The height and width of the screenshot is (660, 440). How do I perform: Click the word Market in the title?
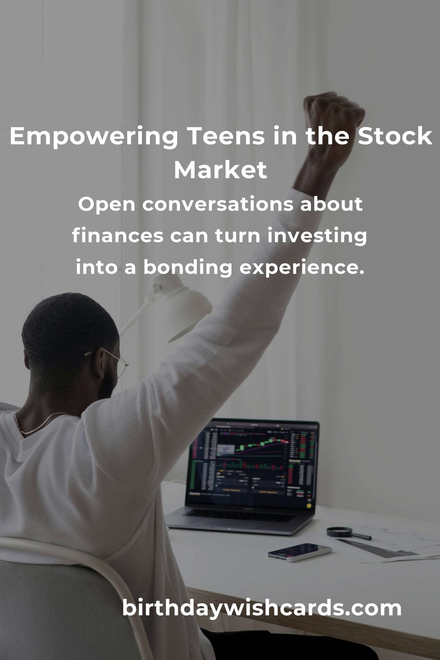220,170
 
